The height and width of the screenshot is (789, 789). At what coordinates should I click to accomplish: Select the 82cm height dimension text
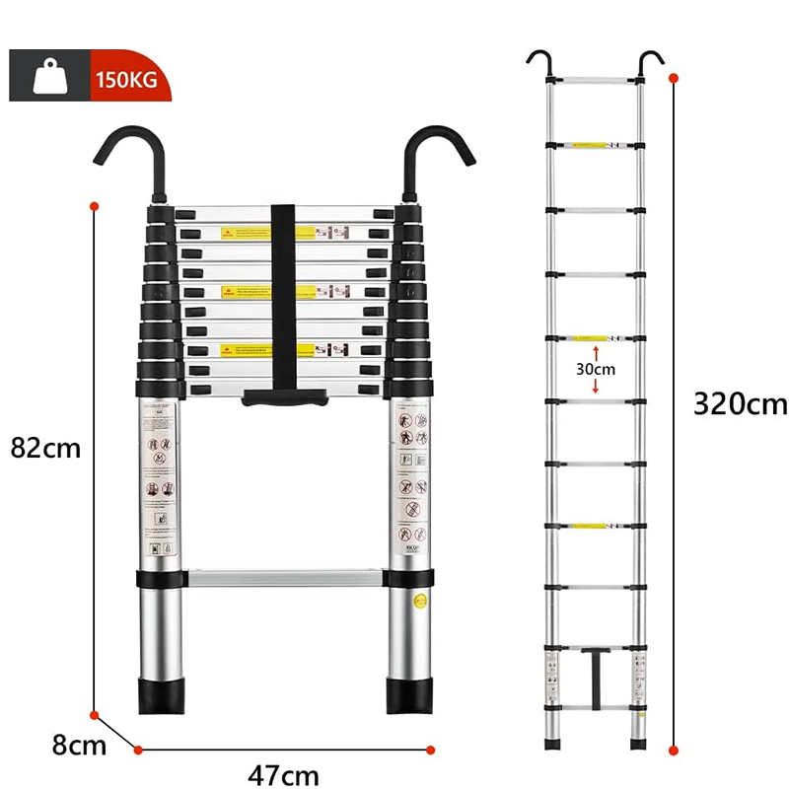pos(45,447)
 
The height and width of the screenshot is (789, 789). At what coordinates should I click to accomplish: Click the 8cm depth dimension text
pos(80,745)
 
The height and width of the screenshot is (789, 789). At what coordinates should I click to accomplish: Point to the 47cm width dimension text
pos(283,774)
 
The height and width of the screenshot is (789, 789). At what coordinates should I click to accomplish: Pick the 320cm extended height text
pos(741,404)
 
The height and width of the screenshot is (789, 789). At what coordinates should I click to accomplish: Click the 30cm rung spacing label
pos(596,369)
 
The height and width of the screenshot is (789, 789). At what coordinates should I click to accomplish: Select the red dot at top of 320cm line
pos(674,76)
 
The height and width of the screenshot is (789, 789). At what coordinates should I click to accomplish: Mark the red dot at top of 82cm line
pos(95,206)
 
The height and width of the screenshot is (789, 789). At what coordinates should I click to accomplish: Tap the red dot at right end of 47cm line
pos(431,750)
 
